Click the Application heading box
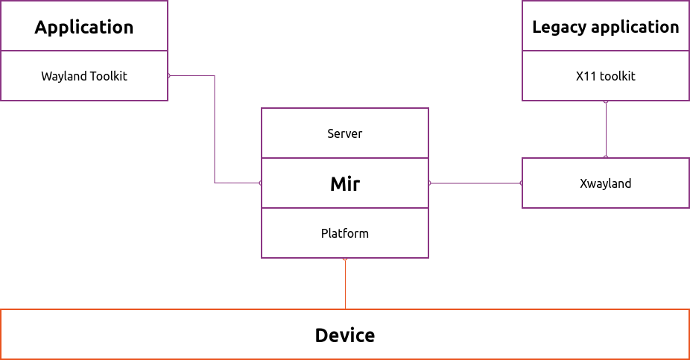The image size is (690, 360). pos(84,27)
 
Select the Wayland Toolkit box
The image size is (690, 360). pos(84,76)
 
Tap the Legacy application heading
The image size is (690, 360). pos(605,27)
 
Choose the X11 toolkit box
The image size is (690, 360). pos(605,76)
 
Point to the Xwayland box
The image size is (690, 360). pos(605,183)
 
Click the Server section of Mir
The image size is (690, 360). pos(345,133)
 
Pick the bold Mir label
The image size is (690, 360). pos(345,183)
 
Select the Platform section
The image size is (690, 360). pos(345,233)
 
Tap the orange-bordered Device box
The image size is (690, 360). pos(345,335)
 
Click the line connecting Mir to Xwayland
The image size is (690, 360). pos(475,183)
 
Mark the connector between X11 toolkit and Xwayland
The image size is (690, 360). pos(606,129)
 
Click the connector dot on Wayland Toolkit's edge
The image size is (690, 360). pos(169,75)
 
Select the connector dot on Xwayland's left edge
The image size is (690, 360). pos(521,183)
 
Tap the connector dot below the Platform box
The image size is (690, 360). pos(345,259)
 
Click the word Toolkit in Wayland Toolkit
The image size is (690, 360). pos(108,76)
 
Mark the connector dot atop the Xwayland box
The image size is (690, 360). pos(606,157)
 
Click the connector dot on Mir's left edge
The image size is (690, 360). pos(260,183)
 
